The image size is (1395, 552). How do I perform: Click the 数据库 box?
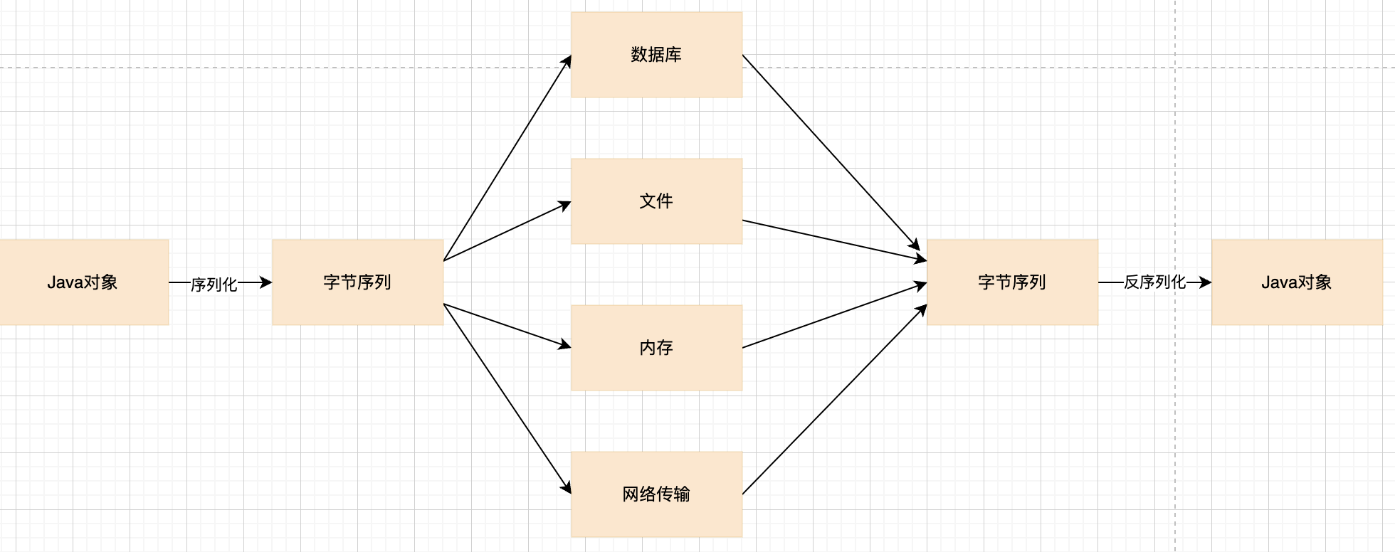click(x=656, y=55)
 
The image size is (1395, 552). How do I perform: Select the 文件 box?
click(x=656, y=201)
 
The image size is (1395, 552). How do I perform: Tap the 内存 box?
click(x=656, y=348)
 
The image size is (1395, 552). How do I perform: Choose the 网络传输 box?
click(x=656, y=494)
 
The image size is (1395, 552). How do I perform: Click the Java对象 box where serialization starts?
click(x=83, y=282)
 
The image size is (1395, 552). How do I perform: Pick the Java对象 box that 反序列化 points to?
click(x=1297, y=282)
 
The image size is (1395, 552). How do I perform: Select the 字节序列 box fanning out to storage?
click(x=357, y=282)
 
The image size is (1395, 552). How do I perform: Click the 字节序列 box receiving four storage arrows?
click(x=1012, y=282)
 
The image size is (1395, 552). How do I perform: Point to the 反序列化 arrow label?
click(x=1154, y=282)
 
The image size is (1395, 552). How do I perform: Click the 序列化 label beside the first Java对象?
click(x=214, y=285)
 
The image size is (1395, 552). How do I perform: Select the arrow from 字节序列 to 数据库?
click(x=507, y=159)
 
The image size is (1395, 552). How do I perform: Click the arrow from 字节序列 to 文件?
click(x=507, y=232)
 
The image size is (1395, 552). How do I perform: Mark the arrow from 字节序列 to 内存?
click(x=507, y=326)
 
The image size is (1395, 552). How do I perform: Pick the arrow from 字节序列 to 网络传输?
click(x=507, y=398)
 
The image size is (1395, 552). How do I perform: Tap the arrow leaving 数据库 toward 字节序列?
click(x=831, y=152)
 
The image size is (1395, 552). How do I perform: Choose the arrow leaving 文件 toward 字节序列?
click(x=833, y=240)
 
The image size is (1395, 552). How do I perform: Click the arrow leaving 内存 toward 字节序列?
click(x=833, y=316)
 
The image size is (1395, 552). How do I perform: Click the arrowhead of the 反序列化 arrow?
click(x=1205, y=282)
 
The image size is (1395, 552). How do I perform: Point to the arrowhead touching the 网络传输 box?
click(x=567, y=487)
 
